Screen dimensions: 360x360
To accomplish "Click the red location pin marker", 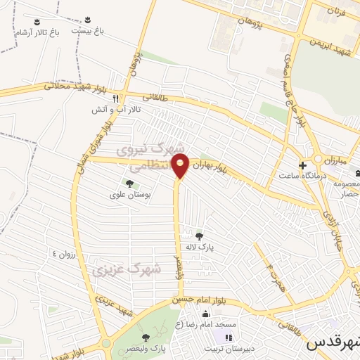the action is [x=181, y=167].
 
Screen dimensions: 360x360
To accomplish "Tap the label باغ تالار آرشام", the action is [x=39, y=32].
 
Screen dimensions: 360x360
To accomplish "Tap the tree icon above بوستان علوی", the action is [x=129, y=184].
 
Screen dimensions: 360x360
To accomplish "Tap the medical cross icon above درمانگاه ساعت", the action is [x=302, y=166].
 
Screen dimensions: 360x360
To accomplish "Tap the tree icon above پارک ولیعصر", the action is [x=146, y=321].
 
